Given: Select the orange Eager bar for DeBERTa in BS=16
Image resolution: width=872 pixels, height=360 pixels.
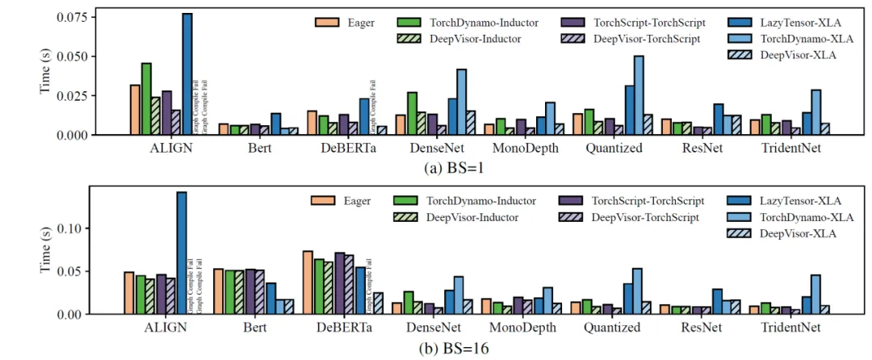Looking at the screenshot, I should (308, 283).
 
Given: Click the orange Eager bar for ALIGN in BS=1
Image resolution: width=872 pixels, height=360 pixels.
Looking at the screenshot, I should (134, 110).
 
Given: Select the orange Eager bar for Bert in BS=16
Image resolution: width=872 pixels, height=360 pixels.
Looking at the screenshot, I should (218, 291).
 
